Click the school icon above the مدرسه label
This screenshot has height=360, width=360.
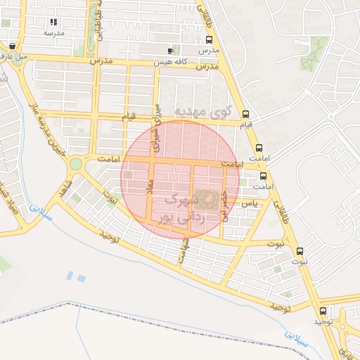tap(53, 22)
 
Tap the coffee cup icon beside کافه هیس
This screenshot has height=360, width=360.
tap(170, 51)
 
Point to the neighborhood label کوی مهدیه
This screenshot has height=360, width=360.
tap(203, 111)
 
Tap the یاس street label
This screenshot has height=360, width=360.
tap(250, 202)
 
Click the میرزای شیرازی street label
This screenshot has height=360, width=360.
tap(157, 129)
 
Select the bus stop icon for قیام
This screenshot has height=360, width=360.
tap(245, 115)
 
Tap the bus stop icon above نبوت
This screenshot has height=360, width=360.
tap(301, 251)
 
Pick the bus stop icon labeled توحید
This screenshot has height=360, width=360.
tap(323, 311)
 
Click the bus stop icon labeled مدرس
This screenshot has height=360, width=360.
tap(208, 40)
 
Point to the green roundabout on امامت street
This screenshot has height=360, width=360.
tap(75, 165)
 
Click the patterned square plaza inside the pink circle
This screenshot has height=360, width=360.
tap(207, 200)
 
